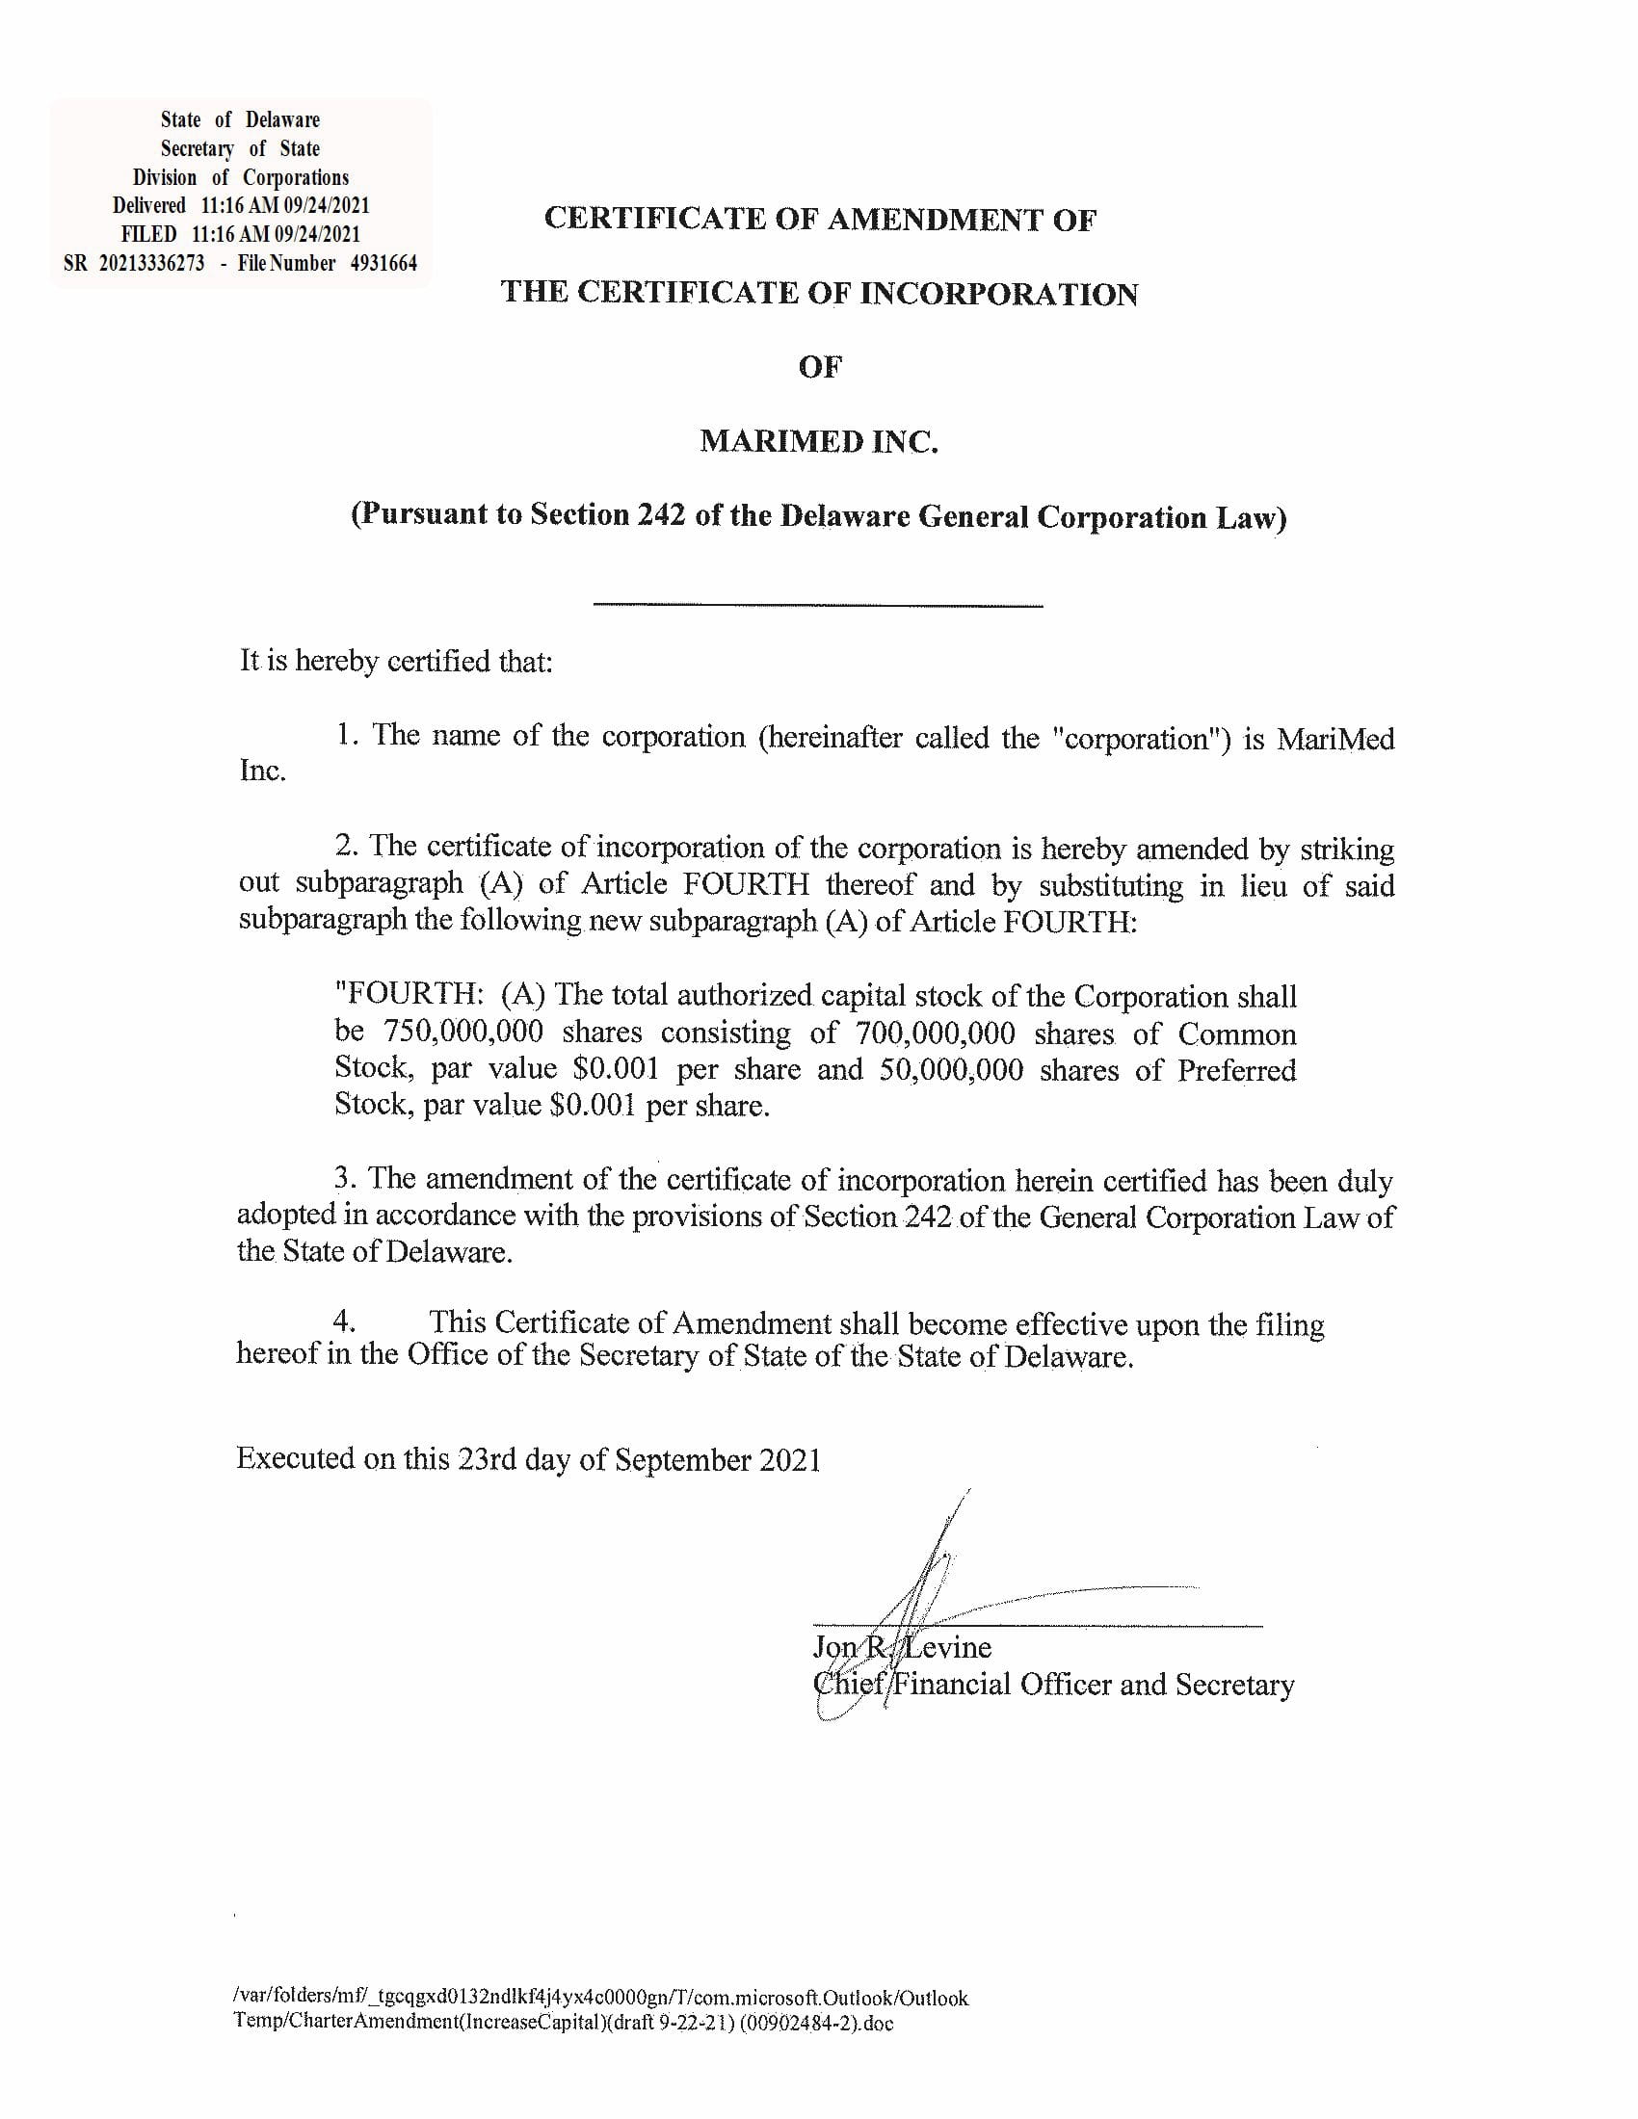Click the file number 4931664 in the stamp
click(383, 263)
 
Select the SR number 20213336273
click(151, 263)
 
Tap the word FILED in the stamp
click(148, 234)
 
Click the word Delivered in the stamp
click(148, 206)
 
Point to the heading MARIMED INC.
click(819, 442)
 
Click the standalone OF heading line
click(819, 367)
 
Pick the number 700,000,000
click(935, 1033)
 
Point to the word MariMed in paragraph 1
click(1335, 739)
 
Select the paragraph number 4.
click(344, 1321)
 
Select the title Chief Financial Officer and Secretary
click(1054, 1685)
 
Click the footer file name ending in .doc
click(563, 2024)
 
